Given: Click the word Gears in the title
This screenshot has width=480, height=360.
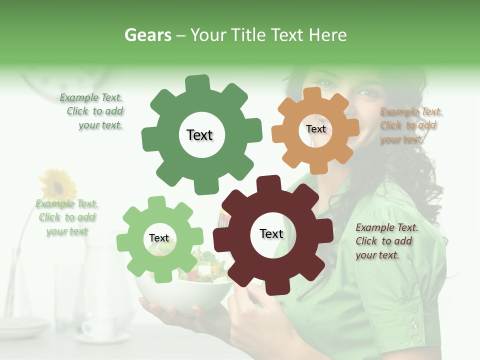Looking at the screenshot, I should coord(147,35).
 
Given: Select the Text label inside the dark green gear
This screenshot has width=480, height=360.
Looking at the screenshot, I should coord(199,135).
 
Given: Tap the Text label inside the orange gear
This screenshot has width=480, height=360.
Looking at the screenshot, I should coord(315,129).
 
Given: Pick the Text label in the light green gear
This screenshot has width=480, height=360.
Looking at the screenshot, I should coord(159,238).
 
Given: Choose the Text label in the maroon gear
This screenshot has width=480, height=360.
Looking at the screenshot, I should coord(271,233).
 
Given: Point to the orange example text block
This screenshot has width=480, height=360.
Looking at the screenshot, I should coord(410,125).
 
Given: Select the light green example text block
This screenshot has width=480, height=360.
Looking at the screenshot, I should coord(67,217).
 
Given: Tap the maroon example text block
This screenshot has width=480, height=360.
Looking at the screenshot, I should coord(386,241).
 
